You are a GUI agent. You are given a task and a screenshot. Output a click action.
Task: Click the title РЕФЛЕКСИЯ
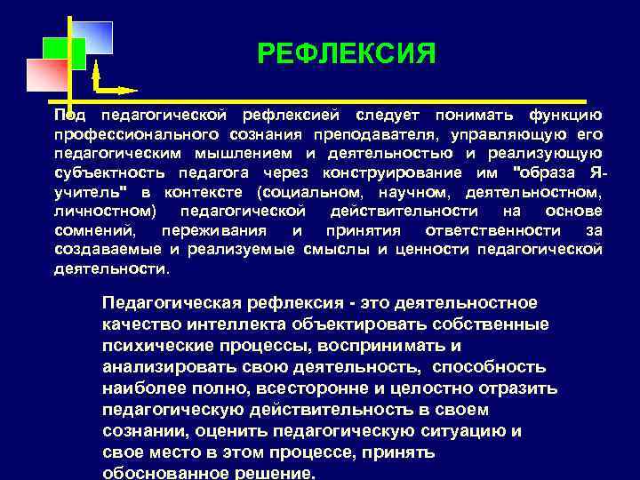tap(347, 55)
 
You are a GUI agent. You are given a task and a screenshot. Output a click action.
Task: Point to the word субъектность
tap(105, 172)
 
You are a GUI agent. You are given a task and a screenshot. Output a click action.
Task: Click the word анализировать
tap(164, 366)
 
